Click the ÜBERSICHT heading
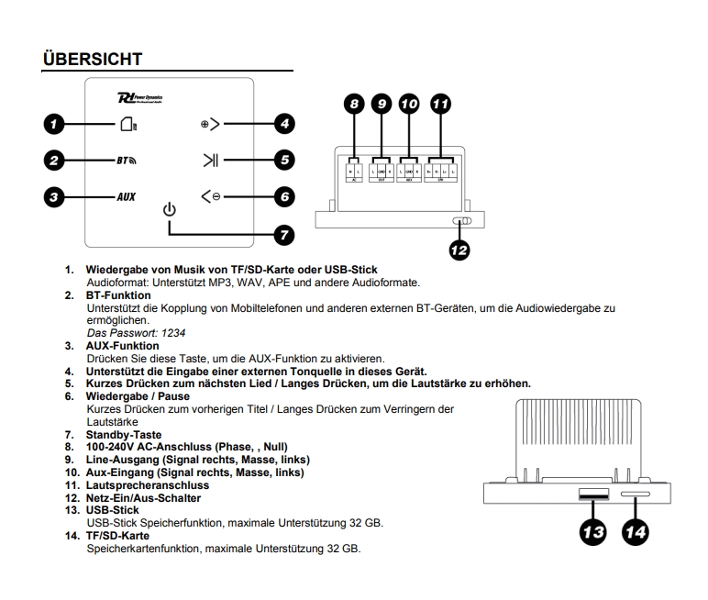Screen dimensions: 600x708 [x=93, y=59]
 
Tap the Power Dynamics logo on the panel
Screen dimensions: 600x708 [x=141, y=97]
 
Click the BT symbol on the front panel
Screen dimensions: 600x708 [x=126, y=160]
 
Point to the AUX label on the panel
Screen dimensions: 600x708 [x=126, y=196]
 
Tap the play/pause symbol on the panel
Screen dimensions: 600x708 [x=212, y=160]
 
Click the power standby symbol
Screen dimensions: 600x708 [x=168, y=210]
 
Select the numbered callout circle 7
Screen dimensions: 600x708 [x=285, y=234]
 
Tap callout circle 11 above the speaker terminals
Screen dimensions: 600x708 [x=441, y=104]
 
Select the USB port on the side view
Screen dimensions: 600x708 [x=592, y=494]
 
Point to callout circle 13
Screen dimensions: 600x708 [x=592, y=533]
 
